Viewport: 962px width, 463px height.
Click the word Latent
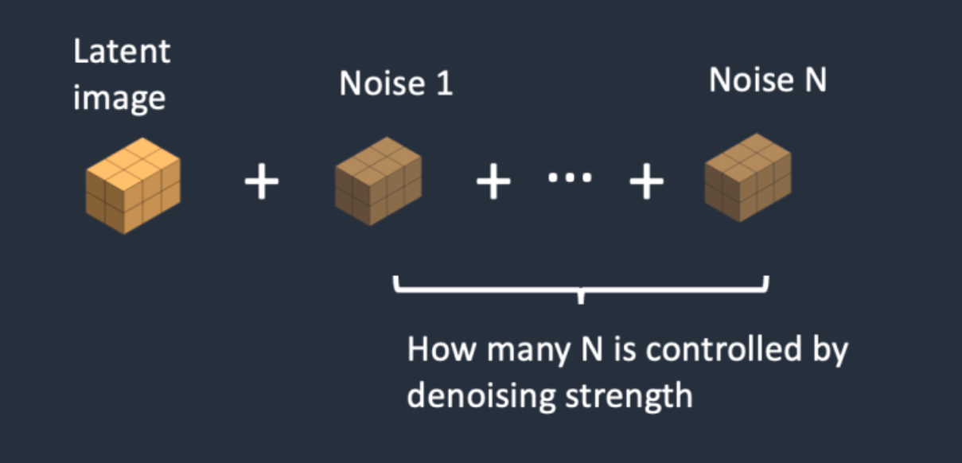point(122,52)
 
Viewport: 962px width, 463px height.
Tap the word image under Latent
point(119,99)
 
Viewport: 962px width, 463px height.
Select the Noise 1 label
point(396,83)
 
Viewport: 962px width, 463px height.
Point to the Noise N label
point(768,80)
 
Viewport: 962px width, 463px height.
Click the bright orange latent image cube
point(133,185)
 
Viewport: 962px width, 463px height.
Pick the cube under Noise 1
point(379,181)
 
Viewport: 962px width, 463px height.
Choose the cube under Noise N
point(748,178)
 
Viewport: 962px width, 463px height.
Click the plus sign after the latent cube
point(262,181)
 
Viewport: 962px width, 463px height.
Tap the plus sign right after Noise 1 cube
point(493,181)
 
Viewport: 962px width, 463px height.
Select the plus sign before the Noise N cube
point(646,181)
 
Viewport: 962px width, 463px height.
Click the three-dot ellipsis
point(570,177)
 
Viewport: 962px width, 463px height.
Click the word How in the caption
point(442,349)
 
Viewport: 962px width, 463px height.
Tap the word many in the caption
point(529,353)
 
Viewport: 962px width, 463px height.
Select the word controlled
point(724,348)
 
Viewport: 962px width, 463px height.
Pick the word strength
point(629,397)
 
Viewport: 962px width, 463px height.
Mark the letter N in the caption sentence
point(592,349)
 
